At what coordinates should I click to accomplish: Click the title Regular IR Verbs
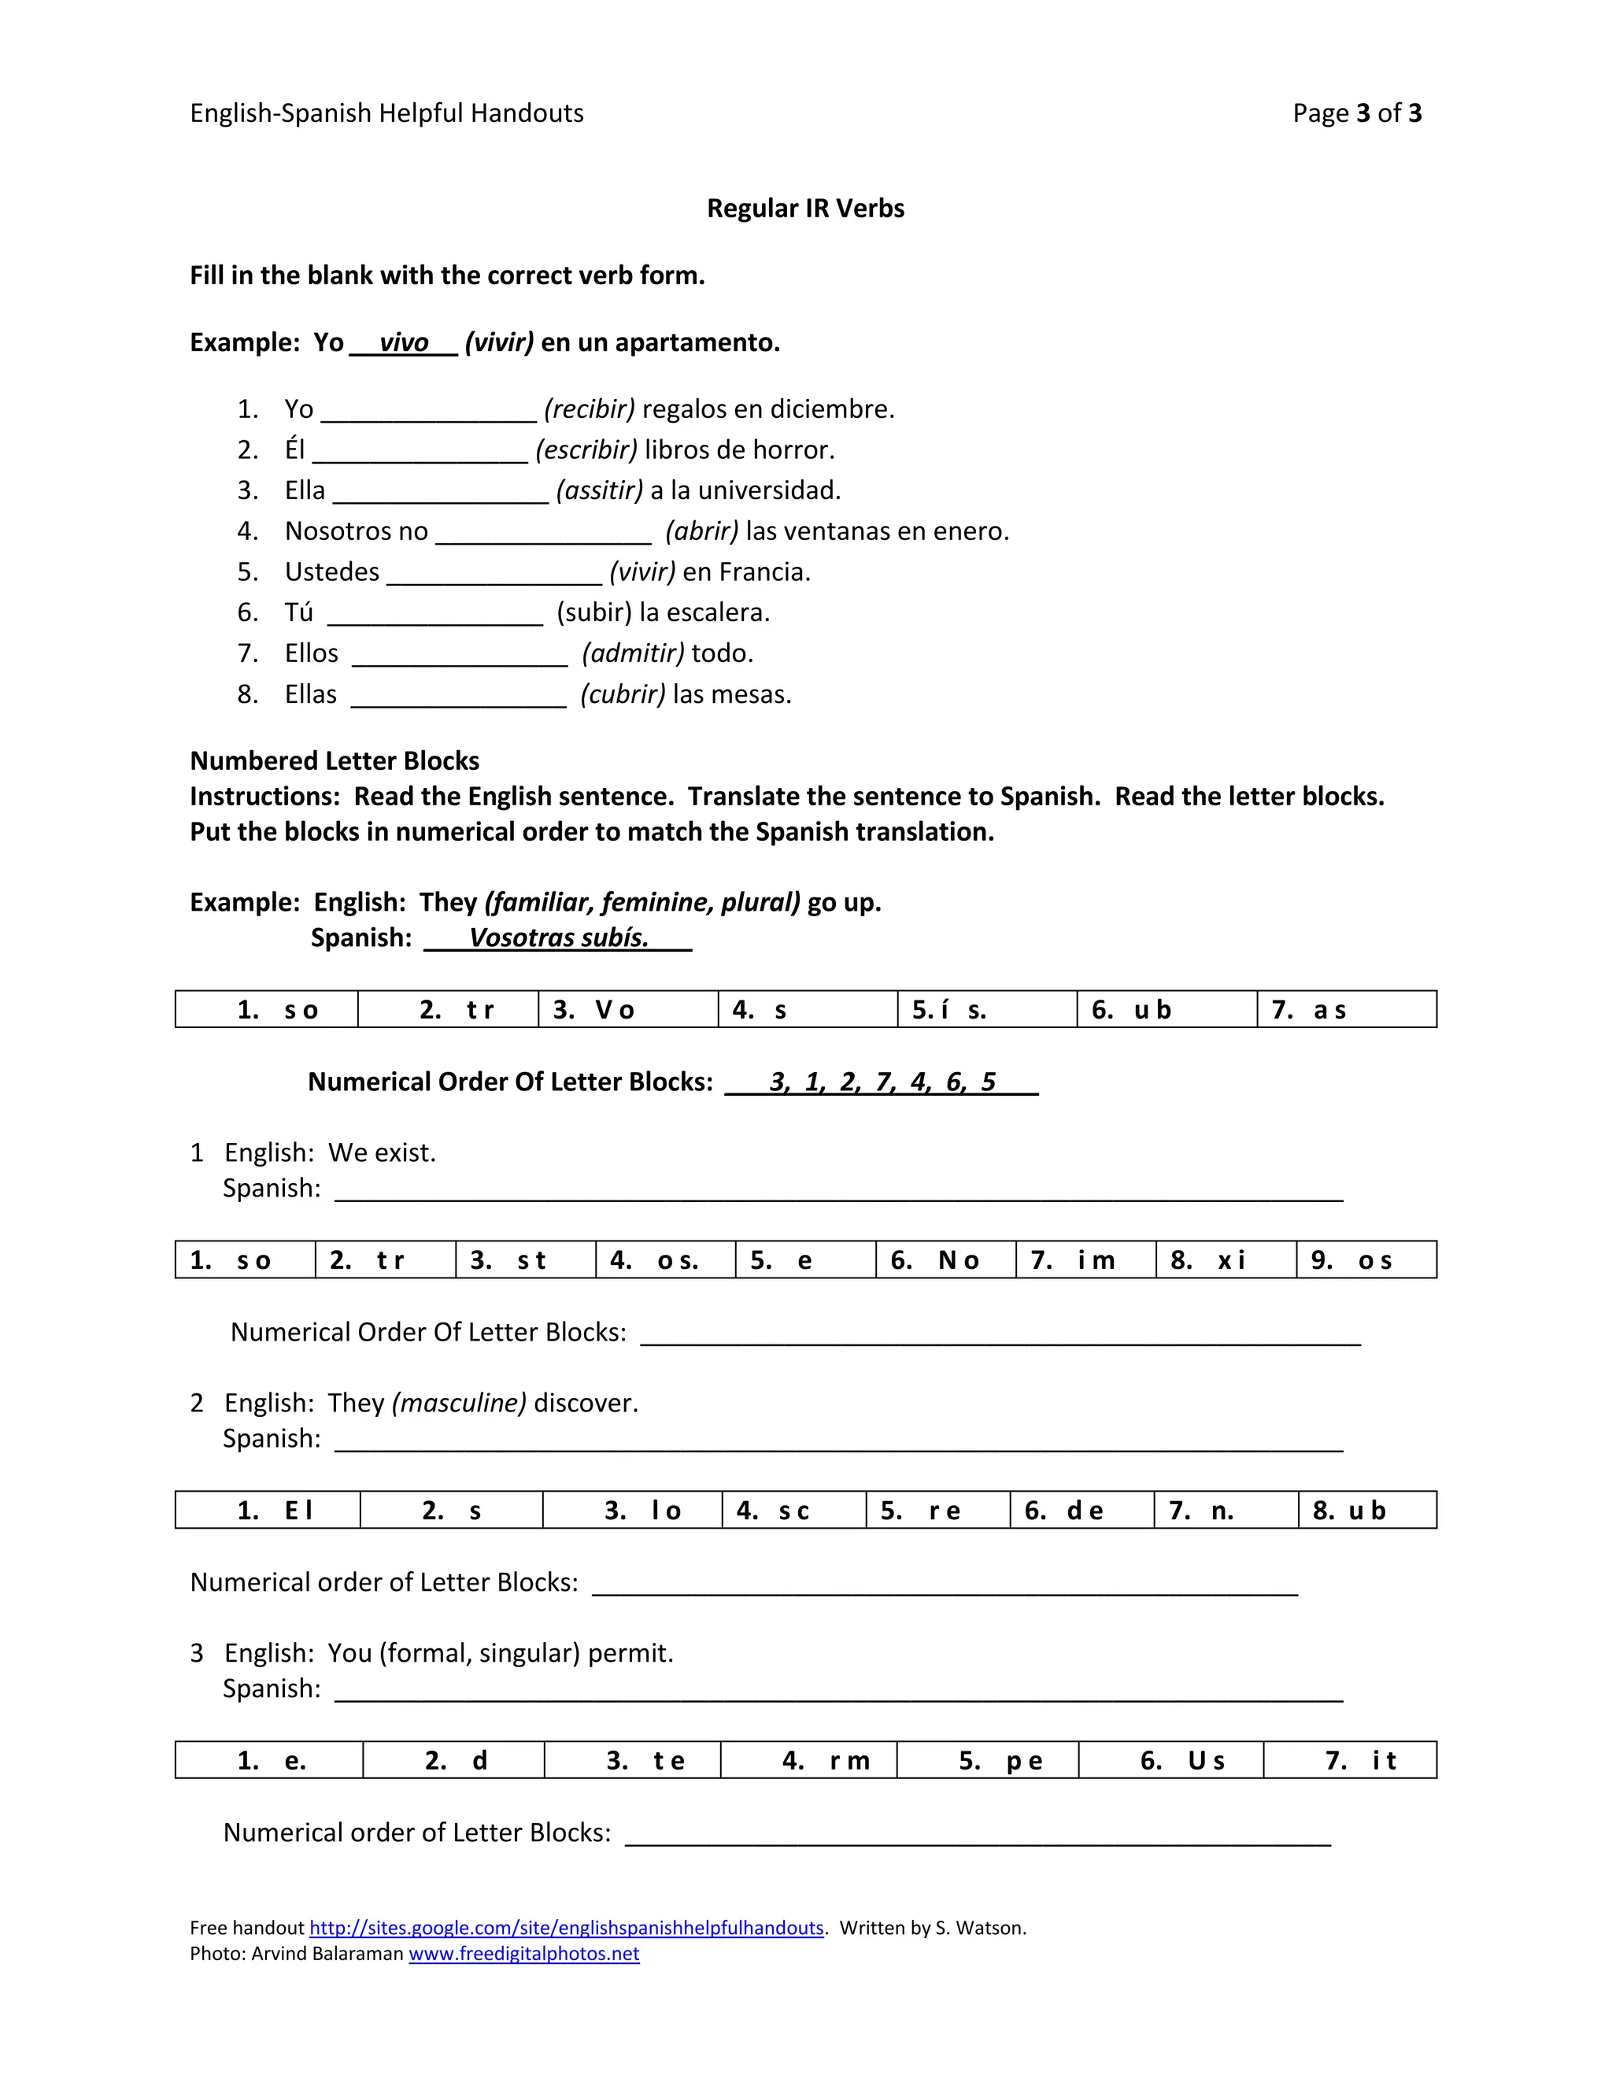[805, 209]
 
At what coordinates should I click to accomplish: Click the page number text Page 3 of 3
[1356, 113]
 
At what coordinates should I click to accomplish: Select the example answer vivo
[403, 343]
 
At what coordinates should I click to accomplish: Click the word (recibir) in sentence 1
[590, 410]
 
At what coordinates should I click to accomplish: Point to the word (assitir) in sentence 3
[600, 491]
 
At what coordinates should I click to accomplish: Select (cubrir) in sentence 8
[623, 694]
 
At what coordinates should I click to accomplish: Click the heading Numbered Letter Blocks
[335, 760]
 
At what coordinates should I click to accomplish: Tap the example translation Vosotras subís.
[559, 938]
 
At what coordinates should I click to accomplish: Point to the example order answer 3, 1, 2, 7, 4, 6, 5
[882, 1082]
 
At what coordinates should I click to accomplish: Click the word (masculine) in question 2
[458, 1403]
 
